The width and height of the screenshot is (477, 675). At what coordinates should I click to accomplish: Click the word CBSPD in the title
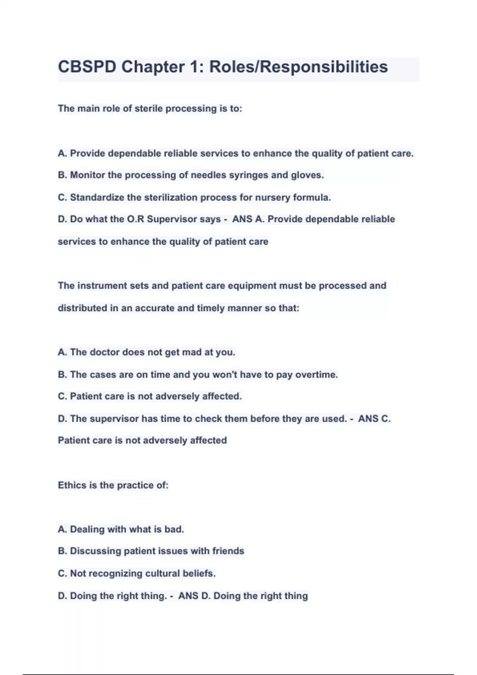(x=87, y=67)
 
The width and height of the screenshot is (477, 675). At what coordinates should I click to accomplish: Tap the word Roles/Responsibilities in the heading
(x=299, y=67)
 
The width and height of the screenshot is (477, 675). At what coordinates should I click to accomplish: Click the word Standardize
(x=97, y=197)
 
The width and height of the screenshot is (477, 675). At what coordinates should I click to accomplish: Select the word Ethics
(x=71, y=485)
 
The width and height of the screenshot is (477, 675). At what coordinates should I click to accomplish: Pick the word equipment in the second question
(x=252, y=286)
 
